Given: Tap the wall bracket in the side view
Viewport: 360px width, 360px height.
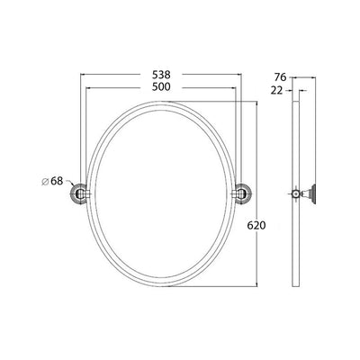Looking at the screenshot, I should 309,193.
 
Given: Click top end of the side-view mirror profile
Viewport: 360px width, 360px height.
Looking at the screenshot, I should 298,101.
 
